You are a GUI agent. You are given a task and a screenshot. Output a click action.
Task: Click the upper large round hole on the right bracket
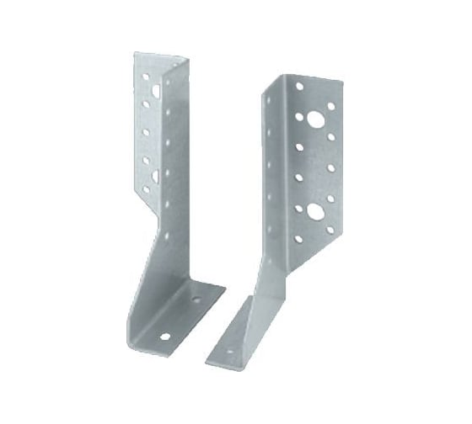click(x=314, y=120)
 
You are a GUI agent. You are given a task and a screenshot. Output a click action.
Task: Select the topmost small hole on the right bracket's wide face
click(x=299, y=86)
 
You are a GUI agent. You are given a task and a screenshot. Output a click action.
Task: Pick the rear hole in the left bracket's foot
click(x=196, y=299)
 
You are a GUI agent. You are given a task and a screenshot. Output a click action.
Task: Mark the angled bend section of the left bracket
click(x=152, y=252)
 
